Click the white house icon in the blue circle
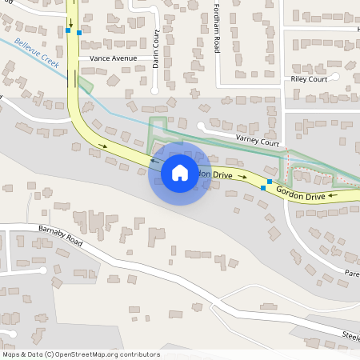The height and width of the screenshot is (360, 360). click(180, 172)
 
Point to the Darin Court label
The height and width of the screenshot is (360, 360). click(157, 49)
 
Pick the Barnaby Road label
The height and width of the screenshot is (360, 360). click(60, 235)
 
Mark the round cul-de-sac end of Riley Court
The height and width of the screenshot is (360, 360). click(336, 77)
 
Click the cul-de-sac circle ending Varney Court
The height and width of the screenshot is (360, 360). click(202, 126)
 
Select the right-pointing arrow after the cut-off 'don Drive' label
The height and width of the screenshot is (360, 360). click(242, 177)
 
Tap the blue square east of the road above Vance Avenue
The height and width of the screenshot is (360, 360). click(78, 32)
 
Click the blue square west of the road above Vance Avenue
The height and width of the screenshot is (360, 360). click(67, 31)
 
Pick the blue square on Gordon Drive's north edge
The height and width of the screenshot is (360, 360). click(270, 182)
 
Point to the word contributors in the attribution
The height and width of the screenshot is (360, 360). click(141, 354)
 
